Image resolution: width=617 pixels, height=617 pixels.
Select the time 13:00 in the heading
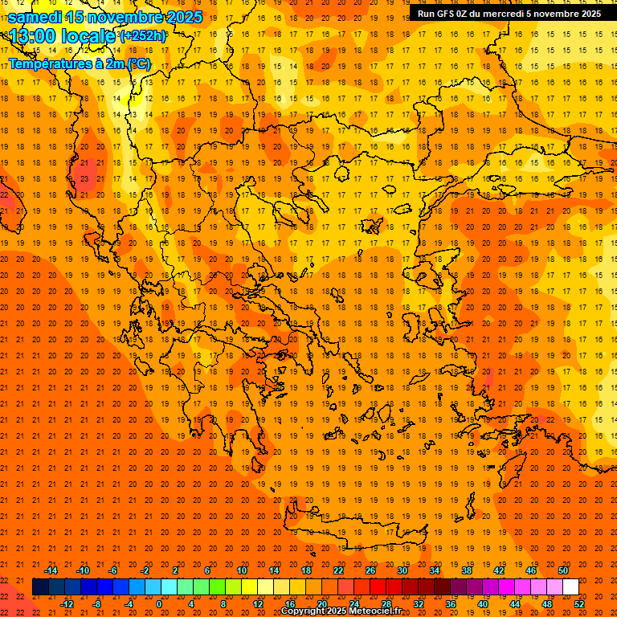pos(36,35)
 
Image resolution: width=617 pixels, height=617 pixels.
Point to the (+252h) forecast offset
pos(142,35)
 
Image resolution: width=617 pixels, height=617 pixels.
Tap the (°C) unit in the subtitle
pos(138,63)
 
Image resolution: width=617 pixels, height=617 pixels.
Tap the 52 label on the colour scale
pos(580,604)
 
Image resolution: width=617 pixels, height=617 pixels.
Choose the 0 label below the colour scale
pos(159,604)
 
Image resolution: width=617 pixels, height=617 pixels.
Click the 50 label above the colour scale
pos(563,570)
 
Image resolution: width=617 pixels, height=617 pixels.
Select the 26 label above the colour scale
pos(370,570)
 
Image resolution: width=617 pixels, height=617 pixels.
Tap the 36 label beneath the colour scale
pos(451,604)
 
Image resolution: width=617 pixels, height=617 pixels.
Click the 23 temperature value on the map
pos(84,178)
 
